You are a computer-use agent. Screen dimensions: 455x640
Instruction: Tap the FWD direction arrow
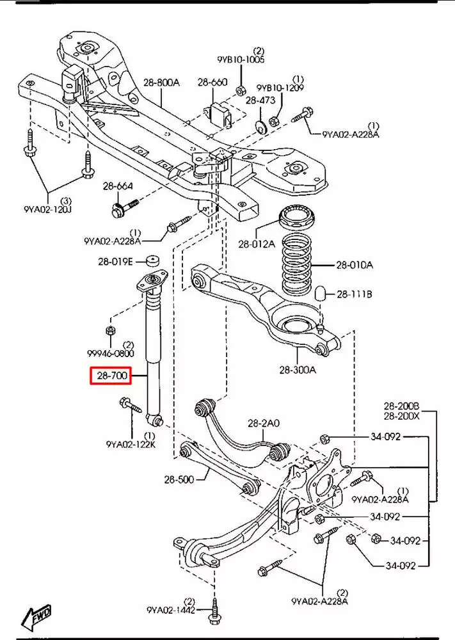point(36,616)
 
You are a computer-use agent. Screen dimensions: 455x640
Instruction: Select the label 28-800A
point(162,83)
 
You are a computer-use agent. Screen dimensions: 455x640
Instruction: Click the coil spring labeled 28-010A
point(297,266)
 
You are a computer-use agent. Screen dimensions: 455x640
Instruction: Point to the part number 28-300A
point(298,370)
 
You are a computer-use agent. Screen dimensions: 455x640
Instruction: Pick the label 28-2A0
point(264,424)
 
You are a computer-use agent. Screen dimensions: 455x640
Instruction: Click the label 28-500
point(179,479)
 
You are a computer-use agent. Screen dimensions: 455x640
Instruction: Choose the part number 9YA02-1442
point(171,610)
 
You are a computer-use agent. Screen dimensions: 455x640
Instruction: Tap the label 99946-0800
point(111,353)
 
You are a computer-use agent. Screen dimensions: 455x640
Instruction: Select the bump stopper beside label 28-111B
point(320,292)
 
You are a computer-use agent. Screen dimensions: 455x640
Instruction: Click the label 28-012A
point(257,244)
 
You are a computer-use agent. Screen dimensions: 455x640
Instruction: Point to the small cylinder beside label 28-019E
point(153,260)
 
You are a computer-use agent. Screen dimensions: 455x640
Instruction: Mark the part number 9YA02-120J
point(47,210)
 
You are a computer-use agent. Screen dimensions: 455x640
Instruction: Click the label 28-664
point(118,186)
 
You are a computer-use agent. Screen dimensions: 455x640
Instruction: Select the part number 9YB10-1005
point(241,60)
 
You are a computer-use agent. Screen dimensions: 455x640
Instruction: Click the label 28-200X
point(401,416)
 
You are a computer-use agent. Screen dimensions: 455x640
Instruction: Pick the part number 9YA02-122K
point(131,444)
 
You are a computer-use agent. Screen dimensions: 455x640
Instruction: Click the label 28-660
point(212,82)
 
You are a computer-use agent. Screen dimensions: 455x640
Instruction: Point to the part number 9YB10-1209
point(280,88)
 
